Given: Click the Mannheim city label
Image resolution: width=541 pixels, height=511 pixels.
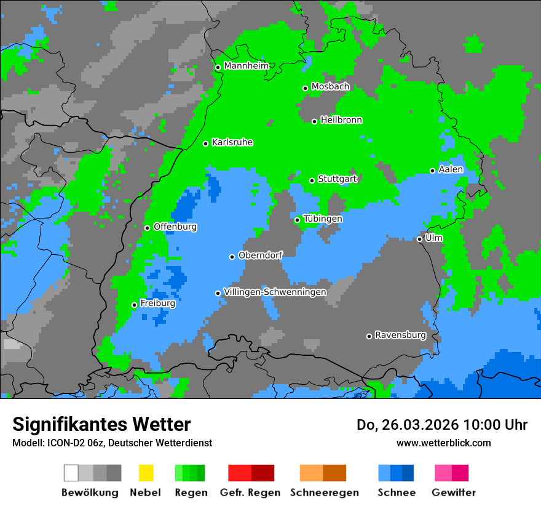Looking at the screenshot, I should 246,66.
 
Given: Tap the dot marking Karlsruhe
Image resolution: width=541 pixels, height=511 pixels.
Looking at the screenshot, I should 206,143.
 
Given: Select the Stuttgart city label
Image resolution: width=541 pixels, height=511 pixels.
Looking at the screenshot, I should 338,179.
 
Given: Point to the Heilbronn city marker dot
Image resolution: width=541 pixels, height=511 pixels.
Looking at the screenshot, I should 314,121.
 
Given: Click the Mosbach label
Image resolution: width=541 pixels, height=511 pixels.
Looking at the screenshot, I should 330,87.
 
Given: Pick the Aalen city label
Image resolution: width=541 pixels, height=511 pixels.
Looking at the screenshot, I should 451,169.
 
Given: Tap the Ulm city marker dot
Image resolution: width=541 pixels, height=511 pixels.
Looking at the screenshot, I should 420,239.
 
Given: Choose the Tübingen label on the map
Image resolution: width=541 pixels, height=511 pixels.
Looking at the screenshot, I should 323,219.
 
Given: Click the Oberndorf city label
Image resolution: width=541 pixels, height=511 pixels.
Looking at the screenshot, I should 260,255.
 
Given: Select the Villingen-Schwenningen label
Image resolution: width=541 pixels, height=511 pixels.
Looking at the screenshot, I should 275,292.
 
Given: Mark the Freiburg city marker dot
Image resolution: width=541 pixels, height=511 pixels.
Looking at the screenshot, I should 134,305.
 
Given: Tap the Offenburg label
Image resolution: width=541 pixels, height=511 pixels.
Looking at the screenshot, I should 175,227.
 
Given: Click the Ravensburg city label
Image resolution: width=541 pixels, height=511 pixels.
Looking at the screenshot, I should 400,335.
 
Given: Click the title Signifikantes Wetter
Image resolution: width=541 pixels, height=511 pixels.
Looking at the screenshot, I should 101,425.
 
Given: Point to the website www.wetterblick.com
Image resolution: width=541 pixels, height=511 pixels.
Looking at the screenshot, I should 443,443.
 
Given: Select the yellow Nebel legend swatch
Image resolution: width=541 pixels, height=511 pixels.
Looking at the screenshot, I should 146,473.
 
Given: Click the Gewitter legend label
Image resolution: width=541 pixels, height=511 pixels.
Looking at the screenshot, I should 454,493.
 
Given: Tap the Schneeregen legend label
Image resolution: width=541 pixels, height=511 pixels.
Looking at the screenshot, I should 324,493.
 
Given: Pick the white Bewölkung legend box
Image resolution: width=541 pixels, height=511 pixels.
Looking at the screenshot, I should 71,473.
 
